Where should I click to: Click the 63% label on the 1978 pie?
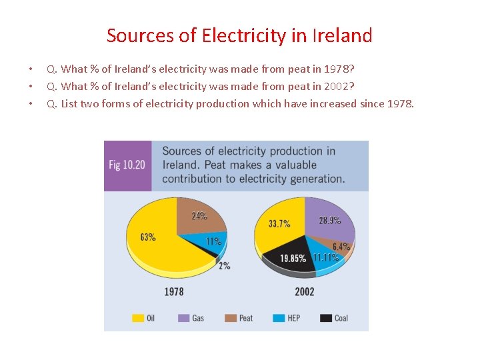point(148,237)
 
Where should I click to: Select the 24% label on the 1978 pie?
point(199,216)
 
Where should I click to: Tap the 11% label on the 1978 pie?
point(213,241)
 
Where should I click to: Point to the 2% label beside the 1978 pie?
point(224,265)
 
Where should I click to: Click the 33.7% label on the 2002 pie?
point(279,224)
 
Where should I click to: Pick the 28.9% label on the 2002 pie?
point(329,220)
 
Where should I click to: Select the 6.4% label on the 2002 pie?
point(341,247)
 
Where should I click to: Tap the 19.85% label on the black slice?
point(293,258)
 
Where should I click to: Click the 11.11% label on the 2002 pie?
point(326,258)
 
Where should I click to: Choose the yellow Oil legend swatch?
point(137,318)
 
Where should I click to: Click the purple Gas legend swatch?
point(183,318)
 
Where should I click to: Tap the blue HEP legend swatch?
point(279,318)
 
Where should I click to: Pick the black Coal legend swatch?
point(326,318)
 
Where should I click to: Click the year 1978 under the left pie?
point(173,291)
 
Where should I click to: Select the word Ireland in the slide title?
point(341,35)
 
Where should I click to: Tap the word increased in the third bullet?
point(333,103)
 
